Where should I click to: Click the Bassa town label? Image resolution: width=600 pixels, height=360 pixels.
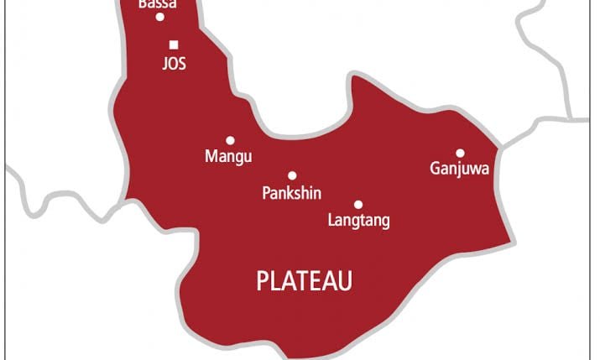click(x=157, y=4)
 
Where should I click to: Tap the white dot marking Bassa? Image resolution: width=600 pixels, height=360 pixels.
click(x=159, y=17)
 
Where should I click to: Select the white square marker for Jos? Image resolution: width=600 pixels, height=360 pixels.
click(x=174, y=44)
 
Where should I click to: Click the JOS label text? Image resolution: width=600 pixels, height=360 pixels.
click(x=174, y=63)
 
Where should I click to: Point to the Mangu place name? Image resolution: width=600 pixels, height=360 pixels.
click(x=228, y=156)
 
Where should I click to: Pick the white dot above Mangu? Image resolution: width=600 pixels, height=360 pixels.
click(x=230, y=140)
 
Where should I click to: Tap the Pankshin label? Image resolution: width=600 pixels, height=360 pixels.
click(x=291, y=193)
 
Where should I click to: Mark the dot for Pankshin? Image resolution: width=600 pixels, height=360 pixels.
click(x=292, y=176)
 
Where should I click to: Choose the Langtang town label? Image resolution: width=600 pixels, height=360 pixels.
click(x=357, y=222)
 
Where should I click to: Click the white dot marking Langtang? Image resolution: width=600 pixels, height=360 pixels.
click(x=358, y=205)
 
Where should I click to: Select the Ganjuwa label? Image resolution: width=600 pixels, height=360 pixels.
click(x=459, y=170)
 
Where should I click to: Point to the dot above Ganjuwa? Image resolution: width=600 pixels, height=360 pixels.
click(x=460, y=153)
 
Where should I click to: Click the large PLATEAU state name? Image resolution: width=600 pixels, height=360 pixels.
click(x=304, y=281)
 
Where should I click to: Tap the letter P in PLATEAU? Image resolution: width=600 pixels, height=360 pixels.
click(x=262, y=281)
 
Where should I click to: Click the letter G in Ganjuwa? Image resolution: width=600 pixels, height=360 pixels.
click(x=435, y=170)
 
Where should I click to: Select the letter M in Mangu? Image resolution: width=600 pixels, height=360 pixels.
click(x=211, y=156)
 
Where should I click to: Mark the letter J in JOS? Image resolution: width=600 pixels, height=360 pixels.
click(x=165, y=63)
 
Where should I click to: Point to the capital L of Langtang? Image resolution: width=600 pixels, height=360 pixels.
click(x=329, y=222)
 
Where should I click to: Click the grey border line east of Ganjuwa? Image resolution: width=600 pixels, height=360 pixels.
click(x=545, y=126)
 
